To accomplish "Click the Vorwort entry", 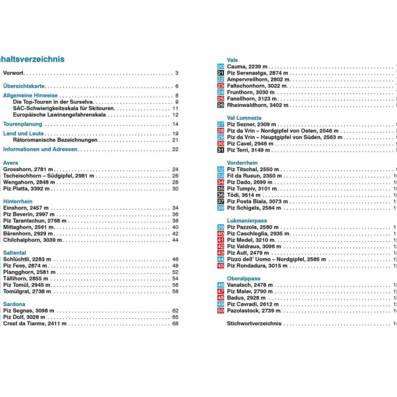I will tap(14, 73).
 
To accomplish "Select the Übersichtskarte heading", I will tap(24, 86).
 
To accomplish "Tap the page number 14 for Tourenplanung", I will tap(175, 124).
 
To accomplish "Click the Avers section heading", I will tap(10, 163).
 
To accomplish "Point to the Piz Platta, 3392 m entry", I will tap(26, 189).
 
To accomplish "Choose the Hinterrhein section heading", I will tap(18, 202).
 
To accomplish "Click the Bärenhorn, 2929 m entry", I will tap(28, 234).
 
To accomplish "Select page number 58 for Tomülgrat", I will tap(175, 292).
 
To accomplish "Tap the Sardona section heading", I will tap(14, 304).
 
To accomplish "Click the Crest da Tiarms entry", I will tap(35, 324).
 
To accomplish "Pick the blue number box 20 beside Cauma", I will tap(221, 67).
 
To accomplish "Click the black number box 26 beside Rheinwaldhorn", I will tap(221, 105).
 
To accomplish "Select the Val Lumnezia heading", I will tap(244, 118).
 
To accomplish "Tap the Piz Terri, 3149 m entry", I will tap(249, 150).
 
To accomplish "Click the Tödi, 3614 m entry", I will tap(244, 195).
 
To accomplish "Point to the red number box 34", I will tap(221, 182).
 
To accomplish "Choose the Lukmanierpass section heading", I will tap(247, 221).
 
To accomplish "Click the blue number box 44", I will tap(221, 259).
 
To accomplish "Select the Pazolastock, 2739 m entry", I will tap(254, 311).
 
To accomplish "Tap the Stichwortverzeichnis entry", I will tap(254, 324).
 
